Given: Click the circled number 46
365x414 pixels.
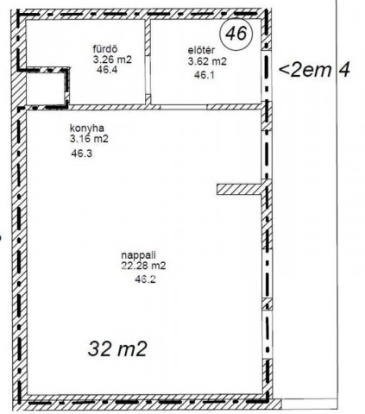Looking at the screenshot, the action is (236, 34).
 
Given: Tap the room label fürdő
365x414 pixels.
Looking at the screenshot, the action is (105, 48).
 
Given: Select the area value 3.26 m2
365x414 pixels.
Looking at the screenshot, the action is (112, 60).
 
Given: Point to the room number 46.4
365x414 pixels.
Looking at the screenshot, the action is (107, 70).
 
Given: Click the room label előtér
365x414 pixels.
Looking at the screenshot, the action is (201, 50).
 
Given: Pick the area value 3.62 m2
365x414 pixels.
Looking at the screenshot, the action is (207, 61).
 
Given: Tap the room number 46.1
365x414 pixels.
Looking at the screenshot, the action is (205, 75).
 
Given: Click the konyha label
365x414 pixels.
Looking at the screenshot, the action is (86, 128).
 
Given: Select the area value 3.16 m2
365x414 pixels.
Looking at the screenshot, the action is (89, 139).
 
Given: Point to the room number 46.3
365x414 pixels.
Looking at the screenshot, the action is (82, 154).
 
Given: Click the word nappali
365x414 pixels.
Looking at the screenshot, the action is (139, 255).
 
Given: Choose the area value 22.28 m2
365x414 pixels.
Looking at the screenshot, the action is (143, 266).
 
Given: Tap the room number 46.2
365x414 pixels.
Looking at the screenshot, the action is (145, 279).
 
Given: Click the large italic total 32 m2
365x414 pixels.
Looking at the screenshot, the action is (117, 348).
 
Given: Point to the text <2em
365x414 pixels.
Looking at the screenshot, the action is (305, 70).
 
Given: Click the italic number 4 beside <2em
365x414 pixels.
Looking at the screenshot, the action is (344, 70).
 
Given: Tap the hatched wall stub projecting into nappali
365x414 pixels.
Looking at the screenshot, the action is (240, 190).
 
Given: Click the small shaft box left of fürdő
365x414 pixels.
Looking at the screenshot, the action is (45, 88).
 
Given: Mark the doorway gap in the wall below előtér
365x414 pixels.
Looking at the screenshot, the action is (184, 107).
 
